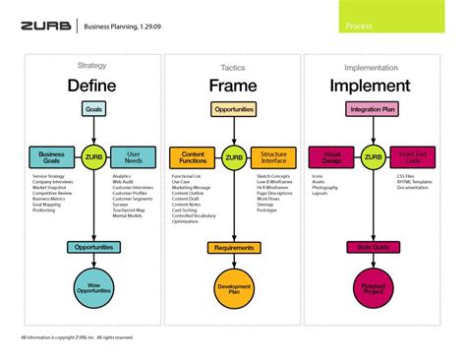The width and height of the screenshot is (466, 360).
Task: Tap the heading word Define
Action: pyautogui.click(x=91, y=86)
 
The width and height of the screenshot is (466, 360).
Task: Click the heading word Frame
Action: pyautogui.click(x=233, y=86)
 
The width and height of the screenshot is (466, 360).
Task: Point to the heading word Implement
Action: pyautogui.click(x=372, y=86)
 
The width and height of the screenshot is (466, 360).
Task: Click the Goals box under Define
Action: pyautogui.click(x=92, y=109)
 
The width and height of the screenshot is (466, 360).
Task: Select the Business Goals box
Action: pyautogui.click(x=50, y=156)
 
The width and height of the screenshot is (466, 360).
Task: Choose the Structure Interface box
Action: pyautogui.click(x=274, y=156)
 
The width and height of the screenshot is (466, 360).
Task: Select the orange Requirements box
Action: pyautogui.click(x=233, y=249)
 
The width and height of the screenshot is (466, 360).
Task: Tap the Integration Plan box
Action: pyautogui.click(x=372, y=109)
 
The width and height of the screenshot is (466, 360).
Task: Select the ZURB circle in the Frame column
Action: pyautogui.click(x=233, y=156)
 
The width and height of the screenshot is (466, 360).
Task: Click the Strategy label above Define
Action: pyautogui.click(x=91, y=66)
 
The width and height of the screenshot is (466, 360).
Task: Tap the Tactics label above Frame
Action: pyautogui.click(x=233, y=67)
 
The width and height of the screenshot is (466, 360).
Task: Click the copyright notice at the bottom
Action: pyautogui.click(x=77, y=338)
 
